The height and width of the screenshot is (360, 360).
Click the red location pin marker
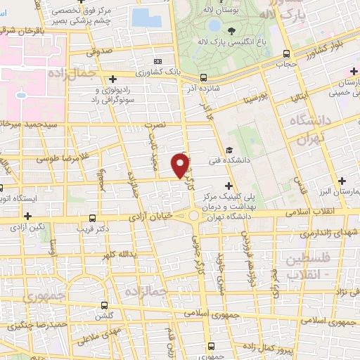coord(181,165)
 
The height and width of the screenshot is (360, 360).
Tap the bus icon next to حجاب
coord(286,54)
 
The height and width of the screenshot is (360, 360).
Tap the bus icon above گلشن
coord(105,305)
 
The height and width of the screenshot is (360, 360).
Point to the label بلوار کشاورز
coord(326,50)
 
